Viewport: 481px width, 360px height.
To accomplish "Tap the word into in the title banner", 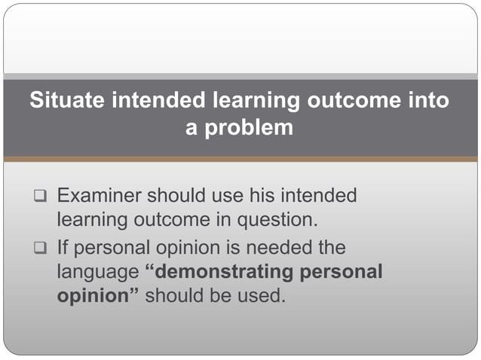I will pos(427,101).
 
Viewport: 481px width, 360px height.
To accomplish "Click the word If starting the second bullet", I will pos(63,246).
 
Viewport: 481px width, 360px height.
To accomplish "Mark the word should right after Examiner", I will pos(173,196).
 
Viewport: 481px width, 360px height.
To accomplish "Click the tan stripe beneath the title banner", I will pos(240,159).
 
